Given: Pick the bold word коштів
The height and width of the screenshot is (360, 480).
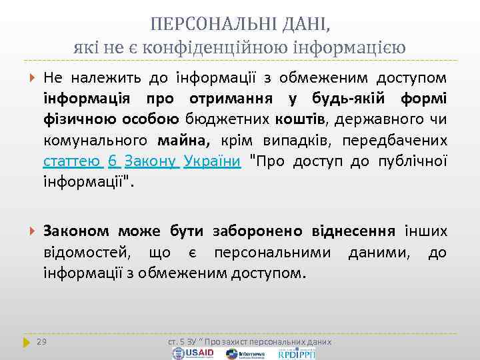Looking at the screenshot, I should click(294, 121).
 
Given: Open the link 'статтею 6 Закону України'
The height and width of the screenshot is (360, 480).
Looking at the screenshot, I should click(141, 162).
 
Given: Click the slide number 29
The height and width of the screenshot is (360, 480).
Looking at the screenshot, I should click(42, 342).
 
